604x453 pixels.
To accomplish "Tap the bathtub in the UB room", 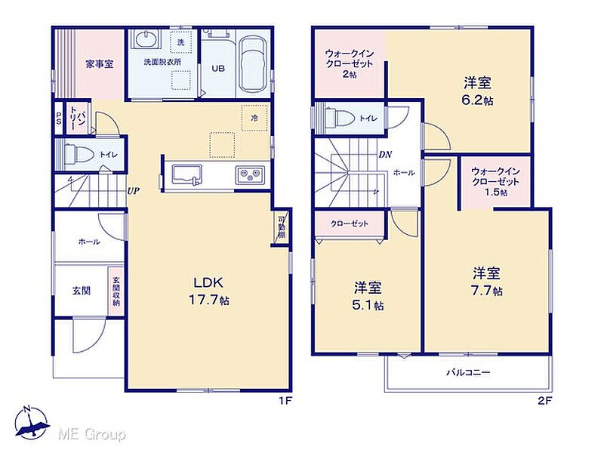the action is (252, 64).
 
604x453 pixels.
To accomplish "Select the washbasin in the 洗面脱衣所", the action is (146, 39).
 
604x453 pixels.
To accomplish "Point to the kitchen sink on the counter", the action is (186, 175).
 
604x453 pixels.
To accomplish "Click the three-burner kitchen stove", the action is (250, 174).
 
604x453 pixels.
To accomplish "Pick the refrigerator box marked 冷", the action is (254, 118).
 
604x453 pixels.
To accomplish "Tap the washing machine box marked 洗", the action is (180, 42).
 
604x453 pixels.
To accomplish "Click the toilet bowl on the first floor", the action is (79, 155).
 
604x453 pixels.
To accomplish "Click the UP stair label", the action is (134, 190).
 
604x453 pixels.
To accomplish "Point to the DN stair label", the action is (385, 155).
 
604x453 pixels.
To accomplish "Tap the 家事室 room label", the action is (100, 64).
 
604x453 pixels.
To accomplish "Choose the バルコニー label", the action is (468, 372).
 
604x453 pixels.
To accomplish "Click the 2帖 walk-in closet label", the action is (350, 64).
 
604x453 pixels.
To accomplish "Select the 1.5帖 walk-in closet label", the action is (495, 181).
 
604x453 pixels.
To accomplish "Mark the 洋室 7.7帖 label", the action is (487, 282).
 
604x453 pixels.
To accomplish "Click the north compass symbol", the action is (31, 423).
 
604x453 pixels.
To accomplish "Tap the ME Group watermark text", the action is (91, 435).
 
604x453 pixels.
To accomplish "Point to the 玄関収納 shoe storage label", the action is (116, 291).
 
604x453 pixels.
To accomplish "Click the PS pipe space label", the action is (59, 118).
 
